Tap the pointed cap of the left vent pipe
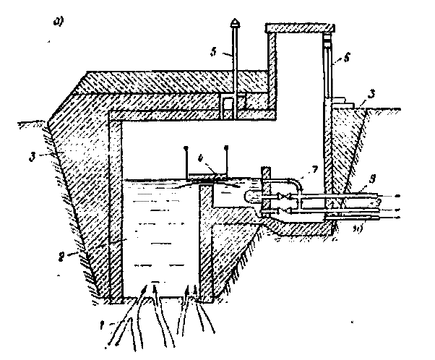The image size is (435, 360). point(237,24)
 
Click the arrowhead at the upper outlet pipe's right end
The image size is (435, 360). point(395,196)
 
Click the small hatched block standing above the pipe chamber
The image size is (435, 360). point(265,176)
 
